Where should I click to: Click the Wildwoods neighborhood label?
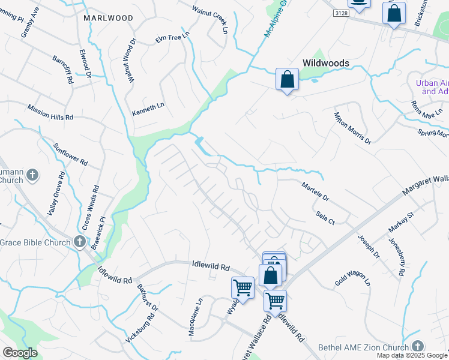(326, 62)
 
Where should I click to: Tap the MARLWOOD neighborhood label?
(109, 18)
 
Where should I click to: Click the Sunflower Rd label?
(70, 154)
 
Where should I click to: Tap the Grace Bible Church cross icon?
(80, 242)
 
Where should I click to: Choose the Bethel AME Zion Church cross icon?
(418, 346)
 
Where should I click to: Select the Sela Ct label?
(324, 217)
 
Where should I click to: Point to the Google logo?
(20, 353)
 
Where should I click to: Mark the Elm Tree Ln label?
(172, 38)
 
